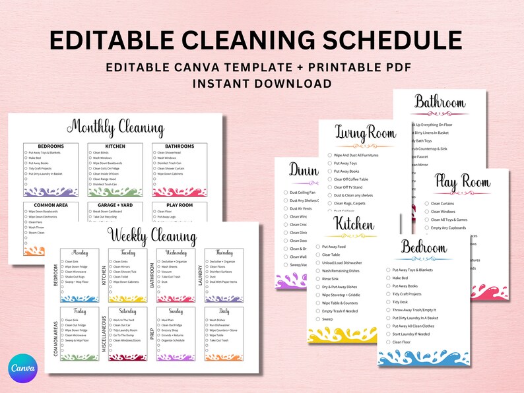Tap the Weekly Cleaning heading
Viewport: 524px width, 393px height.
click(x=152, y=237)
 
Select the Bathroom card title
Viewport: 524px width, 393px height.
click(x=440, y=102)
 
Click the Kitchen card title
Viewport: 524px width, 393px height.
click(x=354, y=224)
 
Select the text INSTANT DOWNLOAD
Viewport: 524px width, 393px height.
click(x=262, y=84)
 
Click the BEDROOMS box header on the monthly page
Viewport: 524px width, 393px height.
click(x=51, y=146)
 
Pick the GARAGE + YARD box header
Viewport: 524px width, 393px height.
click(x=115, y=205)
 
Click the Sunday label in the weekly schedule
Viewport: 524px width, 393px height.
click(x=176, y=311)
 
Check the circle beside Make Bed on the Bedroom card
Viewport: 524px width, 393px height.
click(x=387, y=278)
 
